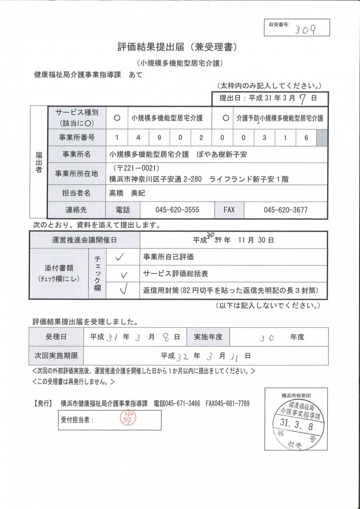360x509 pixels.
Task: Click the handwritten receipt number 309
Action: click(305, 29)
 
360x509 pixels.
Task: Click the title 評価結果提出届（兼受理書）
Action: click(178, 47)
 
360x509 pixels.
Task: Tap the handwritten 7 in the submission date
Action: click(302, 98)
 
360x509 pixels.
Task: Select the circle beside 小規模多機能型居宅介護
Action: click(117, 118)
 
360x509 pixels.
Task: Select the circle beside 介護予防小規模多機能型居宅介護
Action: click(226, 118)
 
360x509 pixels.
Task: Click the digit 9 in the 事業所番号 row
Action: click(159, 138)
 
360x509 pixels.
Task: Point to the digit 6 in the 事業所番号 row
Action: click(306, 138)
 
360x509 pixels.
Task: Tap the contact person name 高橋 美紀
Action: click(127, 193)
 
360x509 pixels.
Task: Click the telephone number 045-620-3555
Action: click(177, 210)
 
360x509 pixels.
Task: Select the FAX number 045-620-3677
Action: click(286, 210)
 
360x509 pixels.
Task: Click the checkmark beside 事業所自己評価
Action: click(120, 257)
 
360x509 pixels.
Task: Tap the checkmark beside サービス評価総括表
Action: click(124, 275)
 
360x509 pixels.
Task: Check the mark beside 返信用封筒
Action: click(124, 290)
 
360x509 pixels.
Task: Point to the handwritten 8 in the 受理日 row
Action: click(166, 337)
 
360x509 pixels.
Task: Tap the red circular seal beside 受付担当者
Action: click(128, 419)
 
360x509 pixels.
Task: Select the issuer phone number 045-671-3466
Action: click(177, 403)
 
